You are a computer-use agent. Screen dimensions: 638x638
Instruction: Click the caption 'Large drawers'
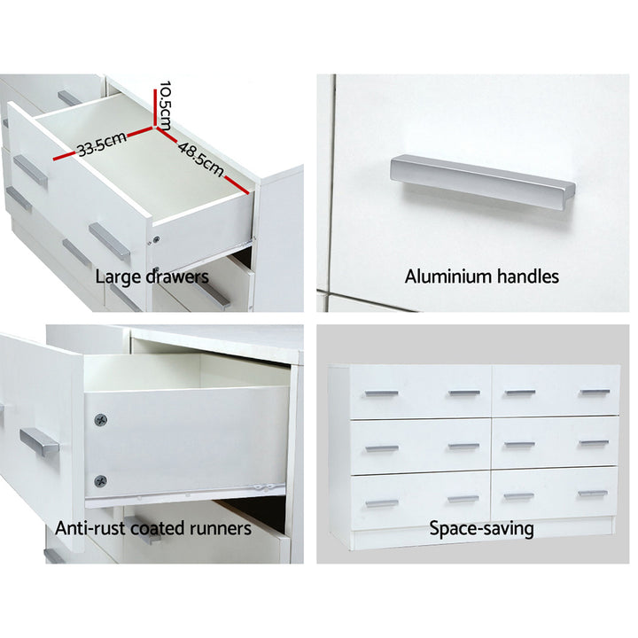coord(152,276)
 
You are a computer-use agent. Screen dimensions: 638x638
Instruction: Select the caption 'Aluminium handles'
coord(482,276)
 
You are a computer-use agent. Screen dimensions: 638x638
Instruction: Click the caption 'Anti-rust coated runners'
coord(153,529)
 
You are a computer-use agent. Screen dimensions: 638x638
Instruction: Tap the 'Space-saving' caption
coord(482,529)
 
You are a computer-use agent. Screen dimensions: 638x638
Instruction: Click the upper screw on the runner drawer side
coord(100,418)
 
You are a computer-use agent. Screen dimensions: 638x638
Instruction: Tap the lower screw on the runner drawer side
coord(100,482)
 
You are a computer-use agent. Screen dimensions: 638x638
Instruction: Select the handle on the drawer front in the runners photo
coord(39,441)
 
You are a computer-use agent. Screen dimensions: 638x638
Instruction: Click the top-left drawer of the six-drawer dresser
coord(421,392)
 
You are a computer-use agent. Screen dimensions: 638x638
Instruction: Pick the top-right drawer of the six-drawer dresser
coord(556,392)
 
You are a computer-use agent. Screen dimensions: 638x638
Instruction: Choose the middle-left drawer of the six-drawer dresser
coord(421,447)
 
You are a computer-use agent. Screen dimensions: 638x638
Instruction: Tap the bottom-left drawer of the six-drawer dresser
coord(421,501)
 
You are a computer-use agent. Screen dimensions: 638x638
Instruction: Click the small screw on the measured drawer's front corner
coord(156,239)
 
